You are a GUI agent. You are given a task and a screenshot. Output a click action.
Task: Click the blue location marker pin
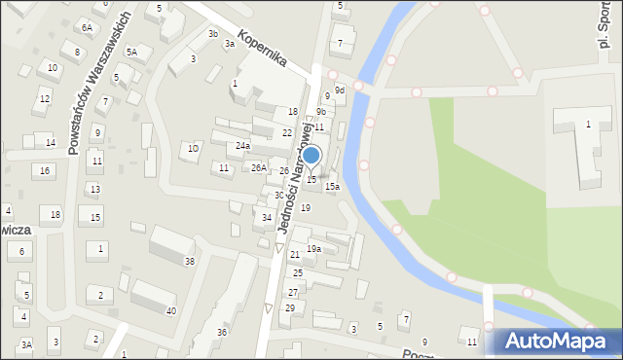(311, 157)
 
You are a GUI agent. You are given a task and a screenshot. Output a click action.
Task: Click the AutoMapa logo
(558, 342)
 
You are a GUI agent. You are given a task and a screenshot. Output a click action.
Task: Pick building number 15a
(332, 187)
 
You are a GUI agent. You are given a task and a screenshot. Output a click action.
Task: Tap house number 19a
(313, 249)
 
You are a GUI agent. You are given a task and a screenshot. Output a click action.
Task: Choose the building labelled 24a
(242, 146)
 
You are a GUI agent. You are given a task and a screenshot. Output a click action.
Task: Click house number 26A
(259, 168)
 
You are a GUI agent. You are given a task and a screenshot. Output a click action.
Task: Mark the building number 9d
(339, 90)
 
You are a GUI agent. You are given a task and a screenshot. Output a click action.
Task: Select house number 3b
(213, 34)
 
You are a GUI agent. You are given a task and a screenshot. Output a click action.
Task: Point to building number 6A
(87, 28)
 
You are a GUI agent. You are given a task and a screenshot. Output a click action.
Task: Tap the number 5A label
(131, 52)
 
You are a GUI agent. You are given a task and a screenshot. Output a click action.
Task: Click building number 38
(190, 262)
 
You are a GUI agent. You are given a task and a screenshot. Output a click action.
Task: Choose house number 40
(171, 311)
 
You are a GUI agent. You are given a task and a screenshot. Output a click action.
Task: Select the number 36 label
(222, 333)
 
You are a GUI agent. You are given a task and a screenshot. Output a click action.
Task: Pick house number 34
(267, 217)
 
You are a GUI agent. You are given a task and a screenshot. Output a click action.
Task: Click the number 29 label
(289, 308)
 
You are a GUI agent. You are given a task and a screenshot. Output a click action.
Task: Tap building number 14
(50, 143)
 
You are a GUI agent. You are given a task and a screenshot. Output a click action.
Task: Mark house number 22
(287, 132)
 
